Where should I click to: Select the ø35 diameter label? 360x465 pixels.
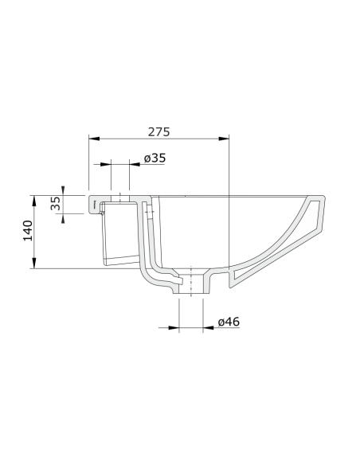click(x=155, y=158)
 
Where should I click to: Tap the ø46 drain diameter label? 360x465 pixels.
click(x=229, y=322)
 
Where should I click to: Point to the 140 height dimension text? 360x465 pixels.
click(x=26, y=231)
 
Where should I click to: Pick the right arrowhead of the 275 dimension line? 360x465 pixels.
click(x=227, y=138)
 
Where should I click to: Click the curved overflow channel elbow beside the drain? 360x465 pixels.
click(x=151, y=275)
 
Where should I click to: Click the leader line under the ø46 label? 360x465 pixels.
click(x=191, y=327)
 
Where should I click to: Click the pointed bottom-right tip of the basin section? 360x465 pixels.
click(x=231, y=284)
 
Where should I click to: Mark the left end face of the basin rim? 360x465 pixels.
click(x=89, y=203)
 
